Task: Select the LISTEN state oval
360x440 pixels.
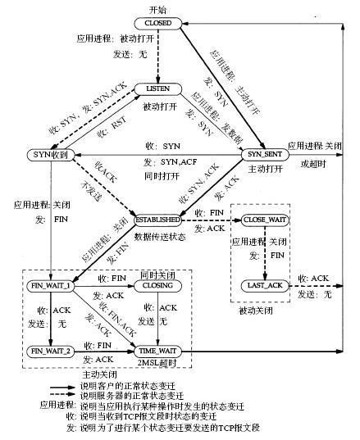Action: pos(157,88)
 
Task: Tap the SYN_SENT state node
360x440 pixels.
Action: pos(263,154)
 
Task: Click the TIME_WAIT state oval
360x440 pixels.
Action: pos(157,351)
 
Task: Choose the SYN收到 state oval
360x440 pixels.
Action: pos(48,154)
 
